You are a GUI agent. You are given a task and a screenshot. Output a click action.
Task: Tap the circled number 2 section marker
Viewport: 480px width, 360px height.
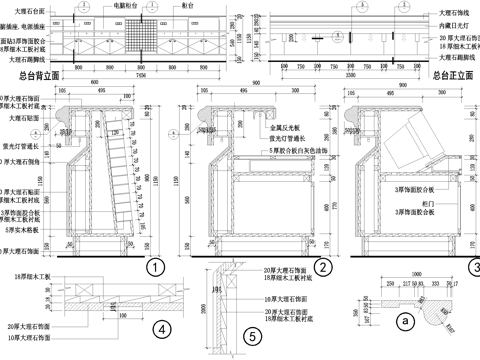(323, 267)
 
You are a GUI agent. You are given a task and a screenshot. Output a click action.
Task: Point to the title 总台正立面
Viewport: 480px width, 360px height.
(455, 74)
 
